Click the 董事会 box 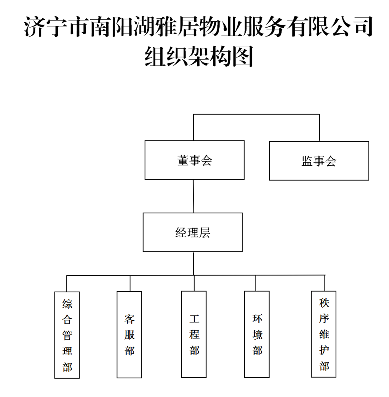194,160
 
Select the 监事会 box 319,161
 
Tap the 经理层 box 192,232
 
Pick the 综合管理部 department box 67,335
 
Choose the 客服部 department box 129,334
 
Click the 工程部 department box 194,334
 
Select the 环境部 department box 257,334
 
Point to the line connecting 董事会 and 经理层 193,196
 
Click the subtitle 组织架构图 199,56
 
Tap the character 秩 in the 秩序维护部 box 324,303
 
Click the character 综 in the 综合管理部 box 67,304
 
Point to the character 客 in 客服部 129,319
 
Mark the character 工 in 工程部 194,319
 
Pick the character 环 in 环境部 257,319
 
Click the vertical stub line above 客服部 130,283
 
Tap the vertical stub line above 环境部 256,283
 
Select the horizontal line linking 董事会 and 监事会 256,114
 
